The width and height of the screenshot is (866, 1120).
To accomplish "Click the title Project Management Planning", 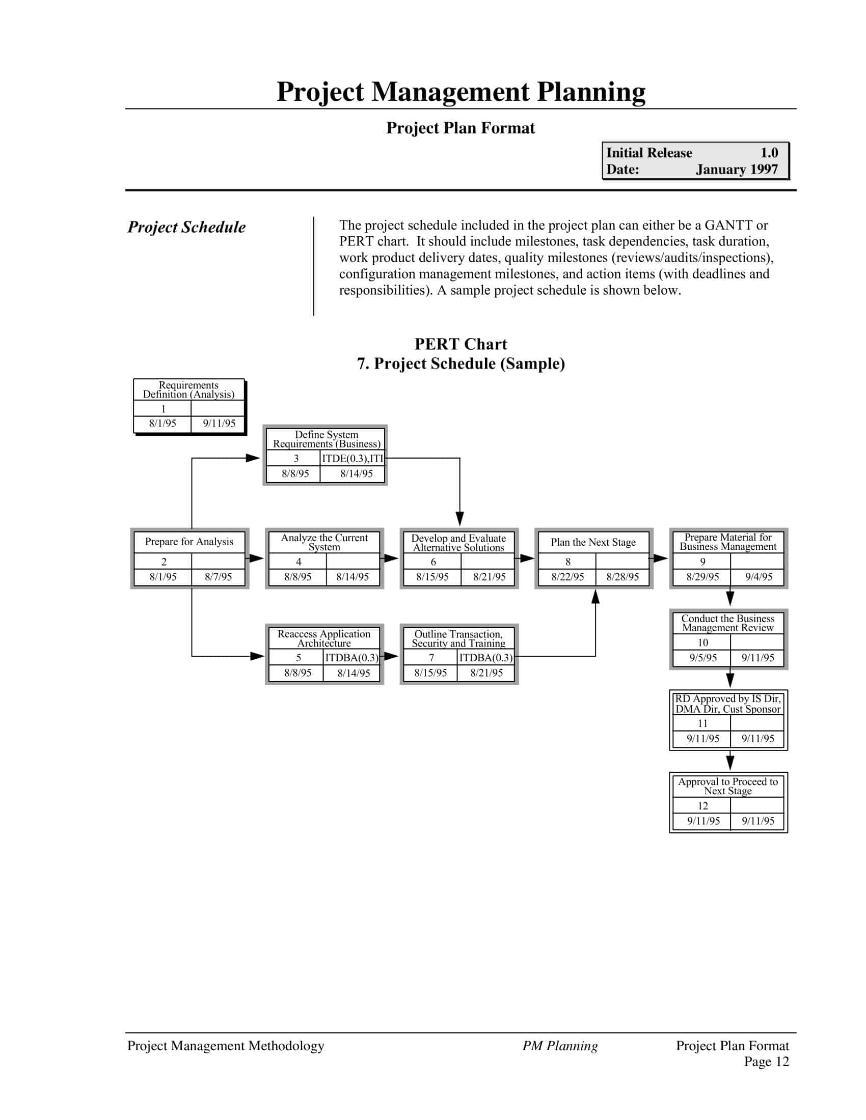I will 461,92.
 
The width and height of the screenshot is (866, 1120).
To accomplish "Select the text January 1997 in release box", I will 736,169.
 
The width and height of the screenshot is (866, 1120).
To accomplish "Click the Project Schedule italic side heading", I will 186,227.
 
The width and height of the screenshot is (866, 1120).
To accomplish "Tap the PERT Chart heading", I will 461,344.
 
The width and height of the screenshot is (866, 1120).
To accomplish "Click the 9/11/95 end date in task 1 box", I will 219,424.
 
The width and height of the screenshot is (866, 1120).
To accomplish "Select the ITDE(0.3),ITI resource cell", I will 353,459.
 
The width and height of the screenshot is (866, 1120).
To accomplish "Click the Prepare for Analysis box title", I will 190,542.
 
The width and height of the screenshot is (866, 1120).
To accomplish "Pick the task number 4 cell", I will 298,562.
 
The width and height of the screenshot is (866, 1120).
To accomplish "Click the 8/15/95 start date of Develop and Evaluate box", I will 432,576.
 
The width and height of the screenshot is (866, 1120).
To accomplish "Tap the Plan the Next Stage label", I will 593,542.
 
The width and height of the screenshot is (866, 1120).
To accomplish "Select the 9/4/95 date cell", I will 759,576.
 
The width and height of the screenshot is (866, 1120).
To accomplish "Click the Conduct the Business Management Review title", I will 727,623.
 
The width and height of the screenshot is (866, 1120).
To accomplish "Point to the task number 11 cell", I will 702,723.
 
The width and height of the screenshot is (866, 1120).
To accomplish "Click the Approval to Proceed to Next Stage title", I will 727,786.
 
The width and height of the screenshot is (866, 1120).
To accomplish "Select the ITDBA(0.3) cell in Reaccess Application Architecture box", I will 351,657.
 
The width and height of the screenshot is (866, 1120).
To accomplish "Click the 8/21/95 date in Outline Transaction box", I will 486,673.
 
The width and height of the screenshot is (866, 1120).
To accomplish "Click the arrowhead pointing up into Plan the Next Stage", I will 595,597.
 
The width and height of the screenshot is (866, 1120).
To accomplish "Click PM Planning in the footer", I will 560,1046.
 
